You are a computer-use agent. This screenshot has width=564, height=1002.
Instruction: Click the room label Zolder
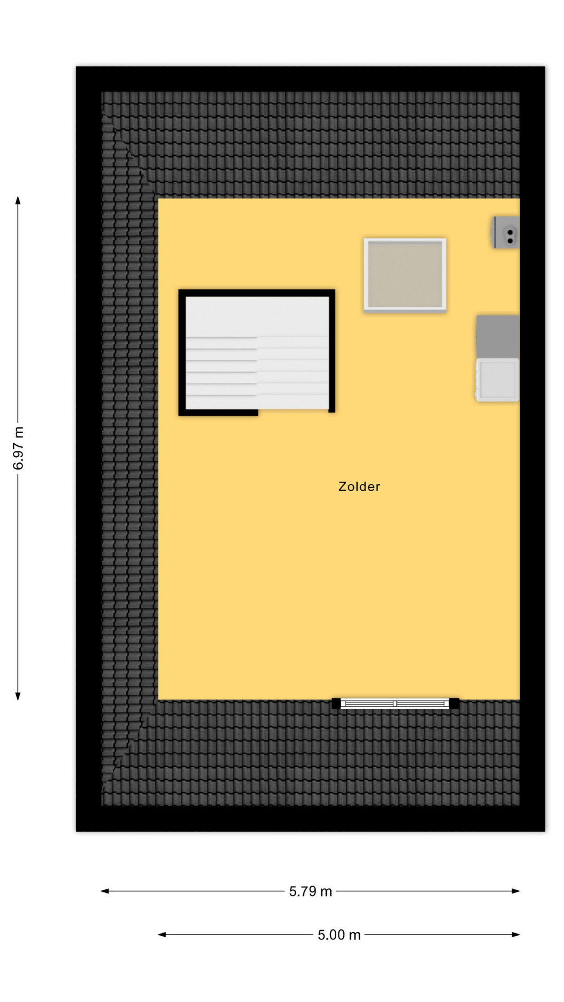[359, 486]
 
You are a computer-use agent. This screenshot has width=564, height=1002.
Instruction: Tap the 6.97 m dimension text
[18, 448]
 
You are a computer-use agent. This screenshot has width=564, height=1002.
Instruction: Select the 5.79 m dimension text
[311, 891]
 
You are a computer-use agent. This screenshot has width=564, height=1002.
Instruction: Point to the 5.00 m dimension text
[339, 934]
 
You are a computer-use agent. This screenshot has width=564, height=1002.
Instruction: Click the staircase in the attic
[256, 352]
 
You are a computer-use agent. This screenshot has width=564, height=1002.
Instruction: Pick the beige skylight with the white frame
[405, 275]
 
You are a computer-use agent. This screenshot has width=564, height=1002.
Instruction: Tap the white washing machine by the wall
[497, 379]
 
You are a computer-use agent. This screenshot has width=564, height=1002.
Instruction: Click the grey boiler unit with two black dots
[506, 232]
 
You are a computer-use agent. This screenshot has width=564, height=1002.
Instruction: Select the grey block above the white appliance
[498, 336]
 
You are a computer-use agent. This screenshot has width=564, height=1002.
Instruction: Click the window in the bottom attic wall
[395, 703]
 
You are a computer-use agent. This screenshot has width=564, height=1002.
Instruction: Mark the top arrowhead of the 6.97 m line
[18, 200]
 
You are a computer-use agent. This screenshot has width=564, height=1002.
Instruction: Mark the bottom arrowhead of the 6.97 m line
[18, 696]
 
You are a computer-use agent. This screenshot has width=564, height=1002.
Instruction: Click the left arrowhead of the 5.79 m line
[104, 891]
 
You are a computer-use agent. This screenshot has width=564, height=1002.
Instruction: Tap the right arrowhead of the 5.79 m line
[516, 891]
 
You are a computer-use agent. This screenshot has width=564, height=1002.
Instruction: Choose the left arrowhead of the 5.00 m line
[162, 934]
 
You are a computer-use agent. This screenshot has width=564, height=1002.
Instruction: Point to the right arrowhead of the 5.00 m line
[516, 934]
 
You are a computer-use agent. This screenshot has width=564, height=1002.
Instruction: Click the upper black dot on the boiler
[510, 232]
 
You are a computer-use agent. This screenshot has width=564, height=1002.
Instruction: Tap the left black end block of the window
[336, 703]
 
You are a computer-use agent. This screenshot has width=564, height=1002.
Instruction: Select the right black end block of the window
[454, 703]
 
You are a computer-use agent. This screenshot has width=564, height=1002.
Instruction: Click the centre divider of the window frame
[395, 703]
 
